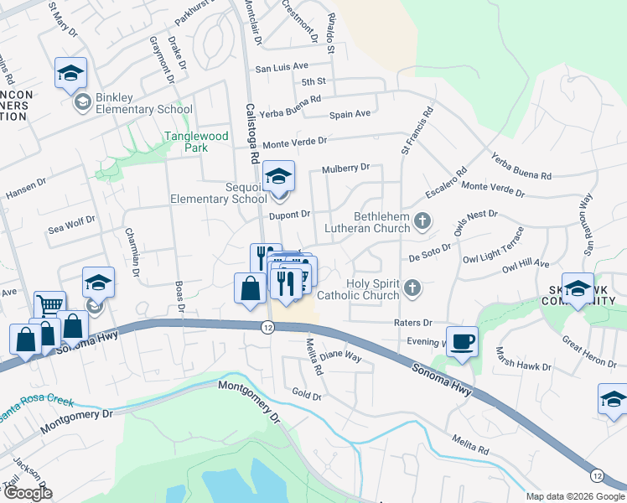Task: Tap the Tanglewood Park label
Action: coord(196,141)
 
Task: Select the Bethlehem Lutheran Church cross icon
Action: coord(423,221)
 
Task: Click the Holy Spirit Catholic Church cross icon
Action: coord(411,288)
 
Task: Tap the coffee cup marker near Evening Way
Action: coord(462,341)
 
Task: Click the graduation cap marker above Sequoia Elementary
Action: coord(278,176)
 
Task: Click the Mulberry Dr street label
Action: coord(346,169)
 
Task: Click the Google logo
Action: coord(27,493)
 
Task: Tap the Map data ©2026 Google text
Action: coord(576,496)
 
